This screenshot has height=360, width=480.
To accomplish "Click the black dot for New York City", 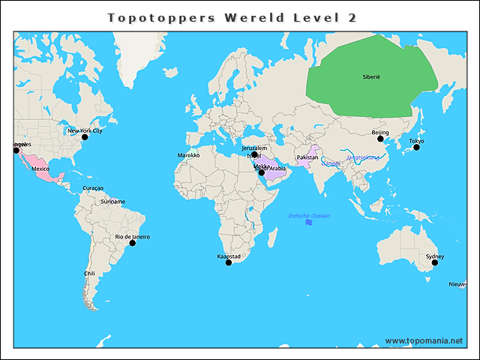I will pos(85,137).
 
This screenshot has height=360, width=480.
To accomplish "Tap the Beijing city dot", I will pos(380,139).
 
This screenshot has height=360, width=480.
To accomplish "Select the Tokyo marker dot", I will pos(416,147).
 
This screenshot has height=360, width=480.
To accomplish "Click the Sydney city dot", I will pos(434,262).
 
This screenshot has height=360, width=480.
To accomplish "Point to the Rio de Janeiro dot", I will pos(132,243).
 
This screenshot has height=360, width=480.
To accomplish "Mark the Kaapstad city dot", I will pos(229,262).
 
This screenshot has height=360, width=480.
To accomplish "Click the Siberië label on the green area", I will pos(371,77).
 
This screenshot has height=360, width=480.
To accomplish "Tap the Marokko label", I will pos(188,155).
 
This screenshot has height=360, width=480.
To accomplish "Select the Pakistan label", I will pos(307,157).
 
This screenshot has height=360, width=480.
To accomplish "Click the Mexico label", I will pos(40,169).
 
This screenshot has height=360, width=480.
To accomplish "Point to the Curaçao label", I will pos(93,188).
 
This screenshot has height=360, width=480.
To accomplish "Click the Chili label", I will pos(89,274).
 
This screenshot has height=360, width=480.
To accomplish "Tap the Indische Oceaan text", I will pos(309,216).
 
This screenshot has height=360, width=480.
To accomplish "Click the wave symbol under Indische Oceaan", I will pos(309,223).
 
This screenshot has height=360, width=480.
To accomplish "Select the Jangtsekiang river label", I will pos(363,157).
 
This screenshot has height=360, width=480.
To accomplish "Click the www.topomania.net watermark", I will pos(424,340).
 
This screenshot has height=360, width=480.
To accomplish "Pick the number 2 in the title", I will pos(352,17).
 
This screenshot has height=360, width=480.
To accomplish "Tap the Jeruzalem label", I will pos(254,148).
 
